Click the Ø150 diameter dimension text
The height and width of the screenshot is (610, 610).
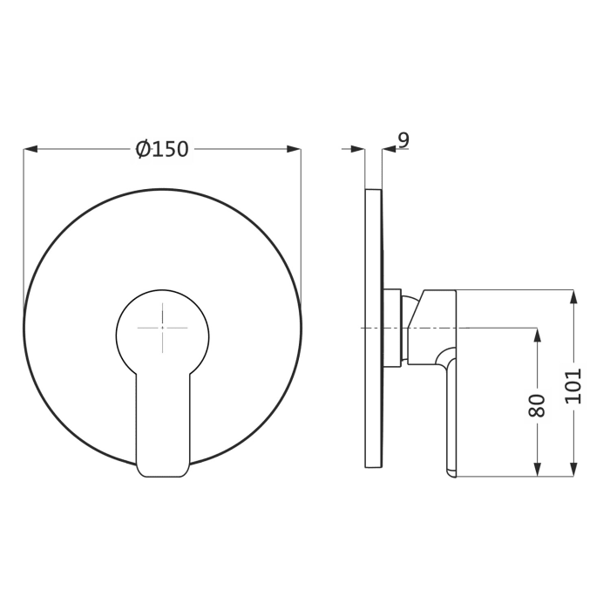[x=162, y=149]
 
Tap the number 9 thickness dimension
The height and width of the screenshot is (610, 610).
[x=403, y=139]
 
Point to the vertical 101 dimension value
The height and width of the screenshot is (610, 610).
[x=573, y=384]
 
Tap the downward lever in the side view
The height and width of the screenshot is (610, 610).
[x=450, y=410]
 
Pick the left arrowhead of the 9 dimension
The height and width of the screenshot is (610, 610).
[x=358, y=150]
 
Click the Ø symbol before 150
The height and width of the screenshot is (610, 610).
[x=145, y=149]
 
